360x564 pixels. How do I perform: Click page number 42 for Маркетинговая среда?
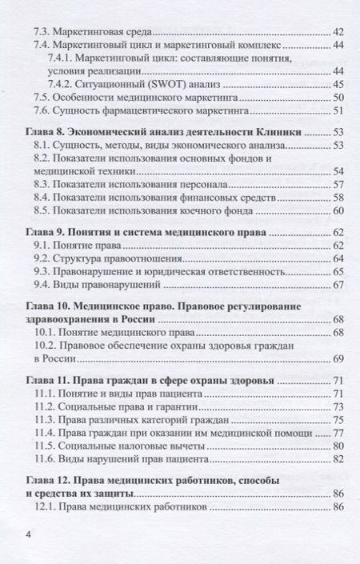point(338,33)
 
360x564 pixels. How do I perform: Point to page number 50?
point(338,97)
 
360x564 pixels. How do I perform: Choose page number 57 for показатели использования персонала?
point(338,184)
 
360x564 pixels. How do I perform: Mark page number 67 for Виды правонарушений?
point(338,284)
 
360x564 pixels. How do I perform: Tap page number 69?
point(338,358)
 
